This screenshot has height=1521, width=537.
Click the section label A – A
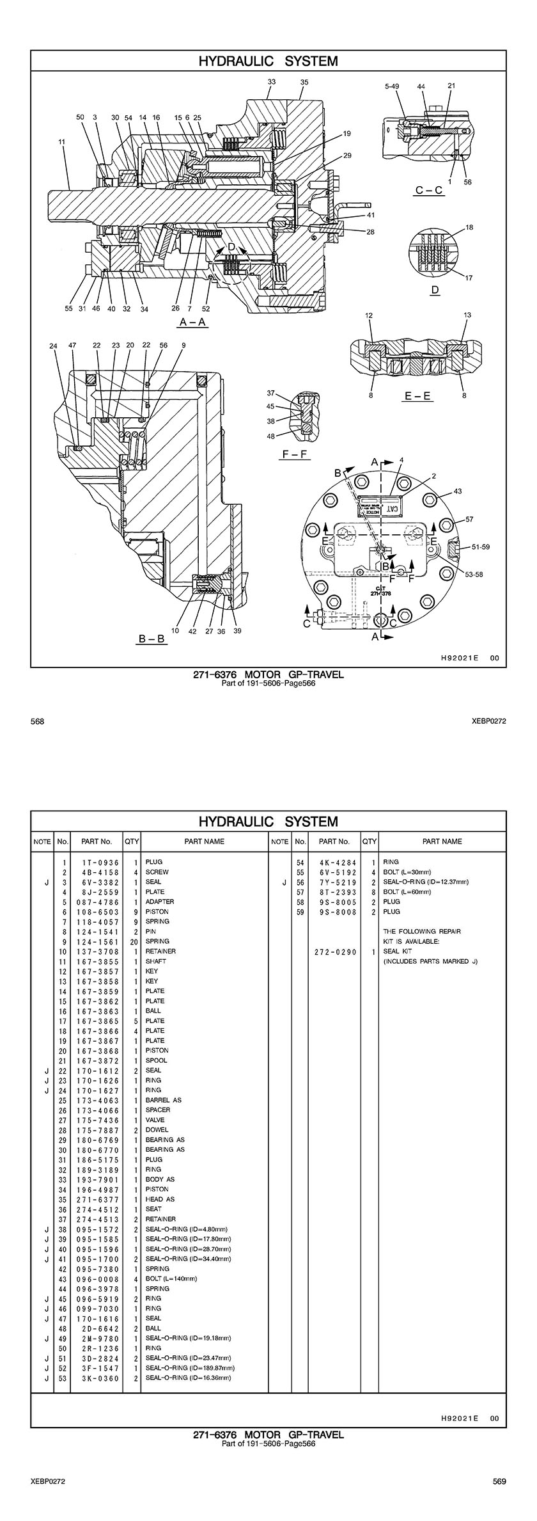click(x=193, y=321)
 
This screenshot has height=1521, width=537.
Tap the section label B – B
click(x=152, y=638)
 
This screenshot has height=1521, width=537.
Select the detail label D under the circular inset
click(x=435, y=290)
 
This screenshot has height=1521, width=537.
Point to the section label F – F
click(x=296, y=454)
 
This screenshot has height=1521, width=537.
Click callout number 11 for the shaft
click(x=62, y=141)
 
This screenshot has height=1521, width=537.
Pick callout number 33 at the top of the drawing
click(x=272, y=82)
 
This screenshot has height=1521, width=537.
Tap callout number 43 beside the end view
click(x=458, y=491)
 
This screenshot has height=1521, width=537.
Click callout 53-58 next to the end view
click(x=474, y=574)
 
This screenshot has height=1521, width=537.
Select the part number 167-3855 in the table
click(x=97, y=961)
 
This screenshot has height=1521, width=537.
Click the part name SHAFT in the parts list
click(x=156, y=961)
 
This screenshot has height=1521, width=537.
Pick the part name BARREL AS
click(x=164, y=1100)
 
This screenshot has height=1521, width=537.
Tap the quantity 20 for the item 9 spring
click(x=134, y=941)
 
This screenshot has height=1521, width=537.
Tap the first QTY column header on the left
click(x=132, y=841)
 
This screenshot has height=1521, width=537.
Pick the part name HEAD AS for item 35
click(x=160, y=1199)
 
